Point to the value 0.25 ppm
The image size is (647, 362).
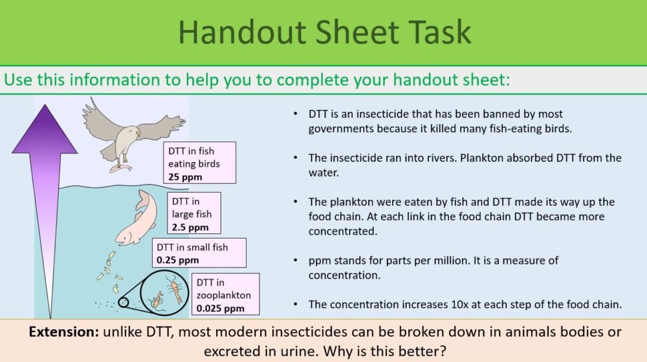(179, 261)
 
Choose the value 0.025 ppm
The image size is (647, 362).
(221, 308)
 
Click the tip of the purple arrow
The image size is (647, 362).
(45, 107)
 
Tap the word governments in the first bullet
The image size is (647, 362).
(340, 128)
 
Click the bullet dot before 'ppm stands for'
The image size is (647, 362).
(295, 261)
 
